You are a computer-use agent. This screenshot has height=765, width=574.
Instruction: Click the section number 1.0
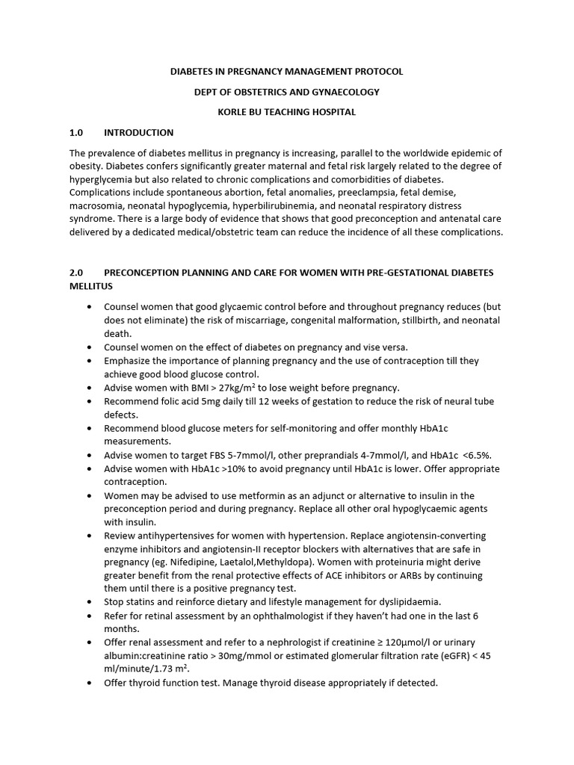(x=75, y=133)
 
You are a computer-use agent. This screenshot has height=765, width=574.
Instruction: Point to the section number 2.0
(x=75, y=273)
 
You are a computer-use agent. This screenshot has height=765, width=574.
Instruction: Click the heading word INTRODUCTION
(x=138, y=133)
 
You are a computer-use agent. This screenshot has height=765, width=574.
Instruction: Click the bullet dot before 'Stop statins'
(x=90, y=601)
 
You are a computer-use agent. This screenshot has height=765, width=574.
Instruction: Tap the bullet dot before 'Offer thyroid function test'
(x=90, y=683)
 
